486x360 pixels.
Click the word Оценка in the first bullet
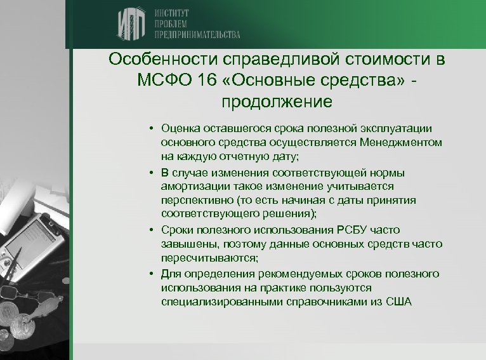(181, 130)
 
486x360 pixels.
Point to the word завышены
(185, 244)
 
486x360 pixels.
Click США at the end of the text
(398, 302)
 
